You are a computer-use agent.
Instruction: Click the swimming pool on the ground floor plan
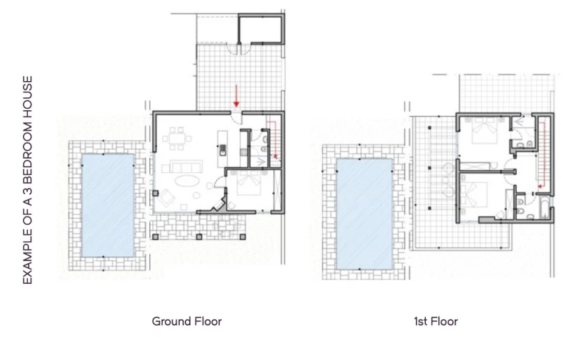[x=107, y=206]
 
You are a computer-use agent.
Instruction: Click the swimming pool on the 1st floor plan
[x=364, y=214]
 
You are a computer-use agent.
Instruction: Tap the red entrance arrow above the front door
[x=236, y=96]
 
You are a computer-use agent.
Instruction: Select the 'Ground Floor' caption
[x=187, y=322]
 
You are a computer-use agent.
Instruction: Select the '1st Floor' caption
[x=436, y=322]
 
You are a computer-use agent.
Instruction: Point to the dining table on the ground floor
[x=176, y=139]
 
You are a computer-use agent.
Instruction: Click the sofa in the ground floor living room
[x=182, y=166]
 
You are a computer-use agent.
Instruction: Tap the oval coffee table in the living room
[x=187, y=181]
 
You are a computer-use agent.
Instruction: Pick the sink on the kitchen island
[x=223, y=150]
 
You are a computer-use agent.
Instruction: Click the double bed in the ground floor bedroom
[x=248, y=183]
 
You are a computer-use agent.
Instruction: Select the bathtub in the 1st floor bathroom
[x=543, y=208]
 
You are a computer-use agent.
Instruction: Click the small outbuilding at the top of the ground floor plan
[x=261, y=29]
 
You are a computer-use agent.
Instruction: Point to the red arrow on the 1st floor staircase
[x=542, y=154]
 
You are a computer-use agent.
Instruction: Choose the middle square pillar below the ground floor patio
[x=199, y=236]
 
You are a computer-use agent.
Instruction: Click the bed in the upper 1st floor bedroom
[x=485, y=132]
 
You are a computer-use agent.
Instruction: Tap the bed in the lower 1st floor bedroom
[x=474, y=195]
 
